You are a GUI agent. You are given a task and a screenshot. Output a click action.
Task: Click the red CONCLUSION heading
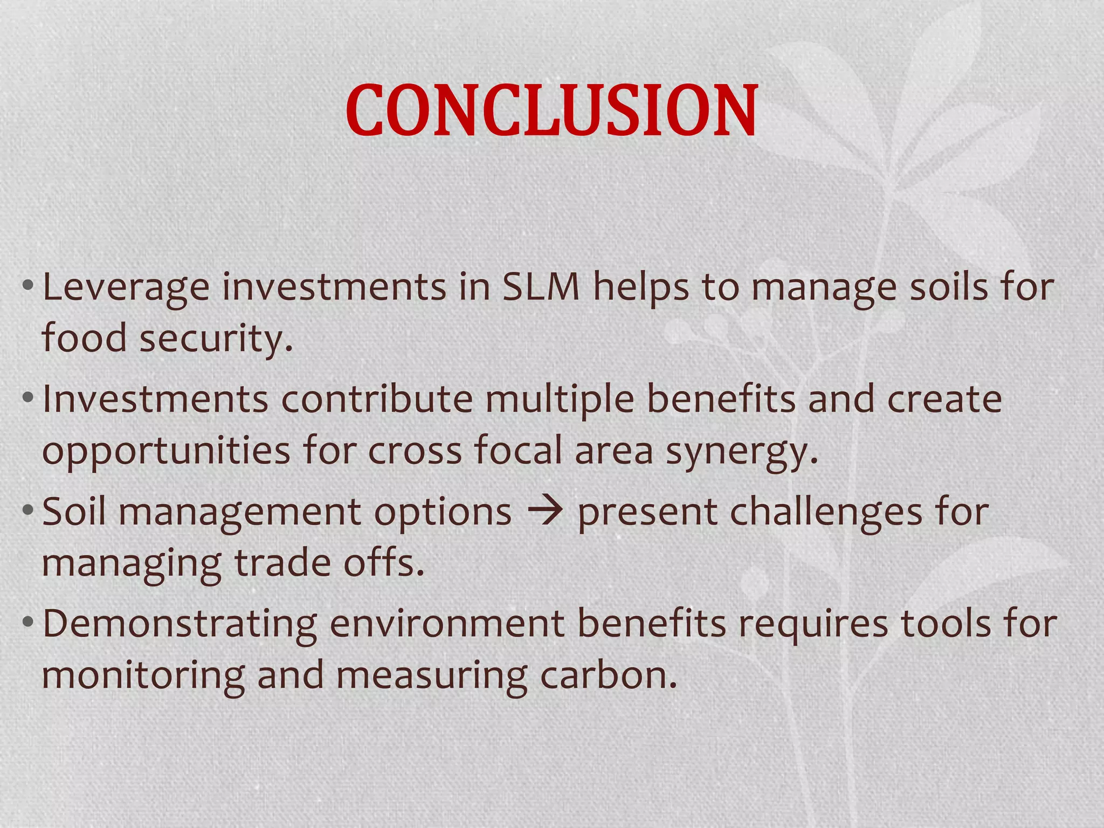551,111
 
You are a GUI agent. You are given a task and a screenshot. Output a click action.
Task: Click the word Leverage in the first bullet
126,287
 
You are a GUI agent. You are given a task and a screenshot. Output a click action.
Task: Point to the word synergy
742,452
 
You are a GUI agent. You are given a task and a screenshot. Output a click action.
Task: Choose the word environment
447,624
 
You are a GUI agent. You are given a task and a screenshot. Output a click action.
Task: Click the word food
84,339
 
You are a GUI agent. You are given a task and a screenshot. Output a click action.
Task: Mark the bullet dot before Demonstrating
28,624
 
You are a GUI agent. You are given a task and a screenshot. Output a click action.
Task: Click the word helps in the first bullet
641,287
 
